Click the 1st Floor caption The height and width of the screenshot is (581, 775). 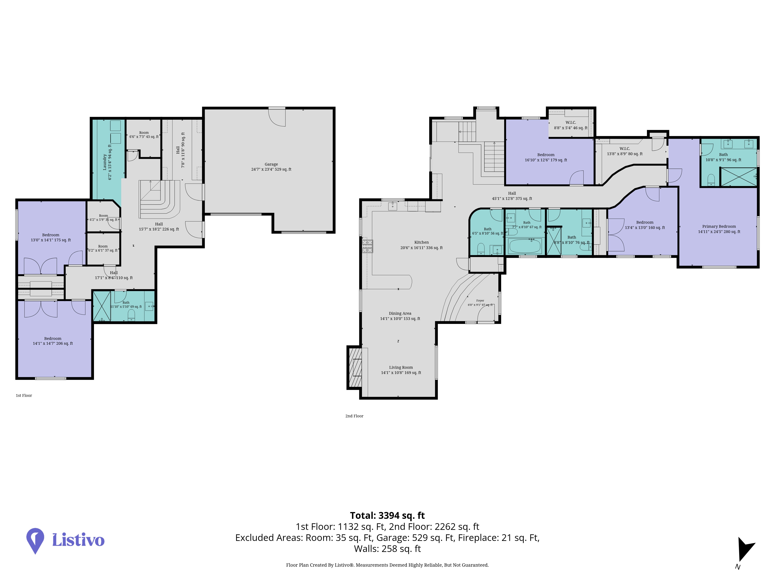24,395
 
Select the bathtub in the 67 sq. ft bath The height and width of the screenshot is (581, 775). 525,246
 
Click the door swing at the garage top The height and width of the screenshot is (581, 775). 277,117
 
